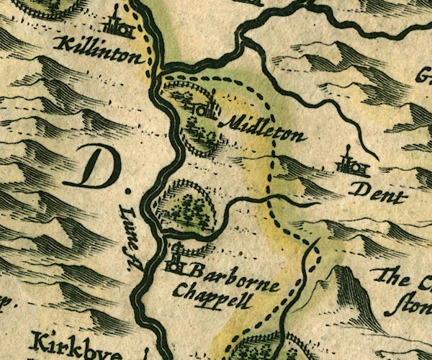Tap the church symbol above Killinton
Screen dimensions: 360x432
pos(118,25)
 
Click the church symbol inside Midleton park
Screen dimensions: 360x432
pos(202,108)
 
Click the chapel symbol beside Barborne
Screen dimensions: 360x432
pos(176,262)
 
